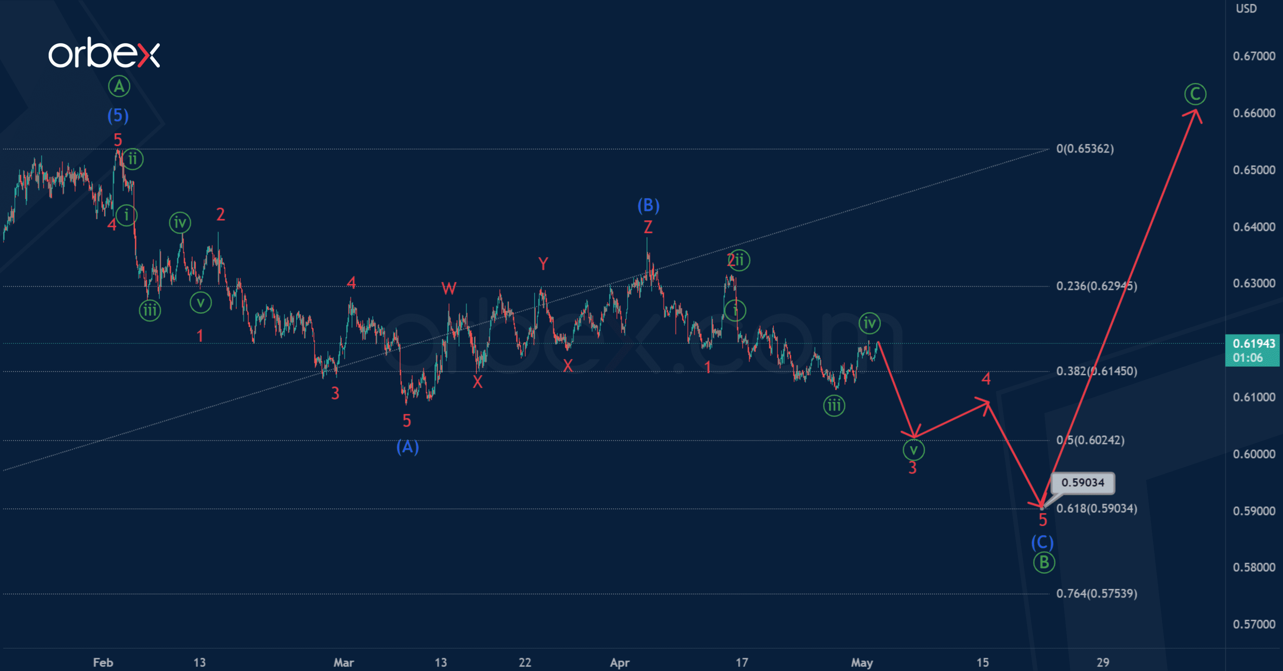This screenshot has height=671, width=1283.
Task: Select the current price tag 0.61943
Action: (1253, 350)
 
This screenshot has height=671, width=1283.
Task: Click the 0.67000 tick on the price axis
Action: (1254, 56)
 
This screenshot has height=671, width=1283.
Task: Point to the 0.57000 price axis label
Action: (1254, 624)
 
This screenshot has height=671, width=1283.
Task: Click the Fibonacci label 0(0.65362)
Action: (1085, 149)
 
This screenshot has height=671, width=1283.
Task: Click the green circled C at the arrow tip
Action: (1195, 94)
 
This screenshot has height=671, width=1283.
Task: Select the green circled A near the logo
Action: (119, 86)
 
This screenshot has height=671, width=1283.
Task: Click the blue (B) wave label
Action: (648, 205)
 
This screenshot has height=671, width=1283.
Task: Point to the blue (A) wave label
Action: (407, 447)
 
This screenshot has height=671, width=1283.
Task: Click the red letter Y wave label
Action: (543, 263)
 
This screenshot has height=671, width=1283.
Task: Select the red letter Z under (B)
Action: (647, 227)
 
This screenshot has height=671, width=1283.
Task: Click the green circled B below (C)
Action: (1044, 562)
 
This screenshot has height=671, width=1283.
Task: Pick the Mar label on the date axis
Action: (343, 662)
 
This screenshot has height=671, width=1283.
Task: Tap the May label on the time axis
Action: (861, 662)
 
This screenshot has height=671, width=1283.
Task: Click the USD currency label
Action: (1246, 9)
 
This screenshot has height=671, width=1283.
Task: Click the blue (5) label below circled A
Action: (118, 116)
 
